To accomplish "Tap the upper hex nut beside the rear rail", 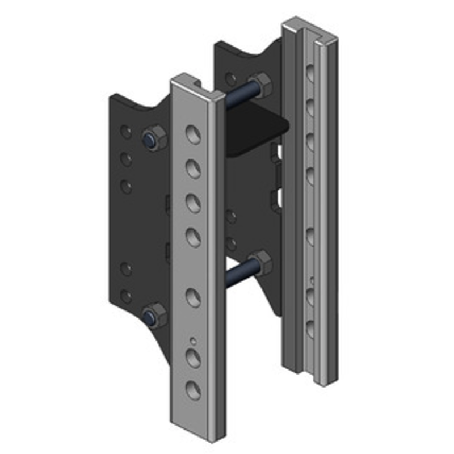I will (260, 85).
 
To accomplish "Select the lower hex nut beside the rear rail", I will (260, 262).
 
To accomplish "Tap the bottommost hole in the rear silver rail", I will (310, 328).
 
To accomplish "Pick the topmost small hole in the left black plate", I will (126, 132).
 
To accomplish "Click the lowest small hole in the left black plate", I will (126, 296).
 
